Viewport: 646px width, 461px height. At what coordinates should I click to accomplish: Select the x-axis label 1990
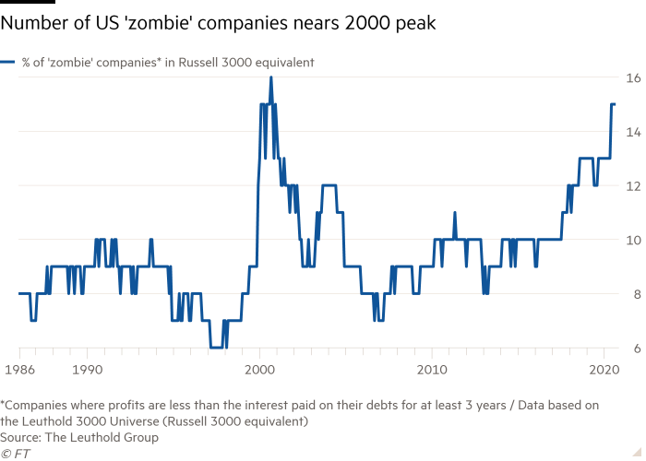pyautogui.click(x=87, y=370)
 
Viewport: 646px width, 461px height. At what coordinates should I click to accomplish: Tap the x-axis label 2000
pyautogui.click(x=259, y=370)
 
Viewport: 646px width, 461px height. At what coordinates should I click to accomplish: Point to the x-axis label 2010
pyautogui.click(x=432, y=370)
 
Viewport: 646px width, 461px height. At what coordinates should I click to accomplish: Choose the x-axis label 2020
pyautogui.click(x=604, y=370)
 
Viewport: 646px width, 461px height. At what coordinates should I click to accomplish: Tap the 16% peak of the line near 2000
pyautogui.click(x=270, y=78)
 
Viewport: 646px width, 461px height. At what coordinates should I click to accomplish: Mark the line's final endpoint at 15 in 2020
pyautogui.click(x=616, y=104)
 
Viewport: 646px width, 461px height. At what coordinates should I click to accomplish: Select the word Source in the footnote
pyautogui.click(x=20, y=437)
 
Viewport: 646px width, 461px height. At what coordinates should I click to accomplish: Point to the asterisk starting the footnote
pyautogui.click(x=3, y=403)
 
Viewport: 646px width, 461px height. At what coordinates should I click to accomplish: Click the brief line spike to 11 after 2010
pyautogui.click(x=455, y=214)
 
